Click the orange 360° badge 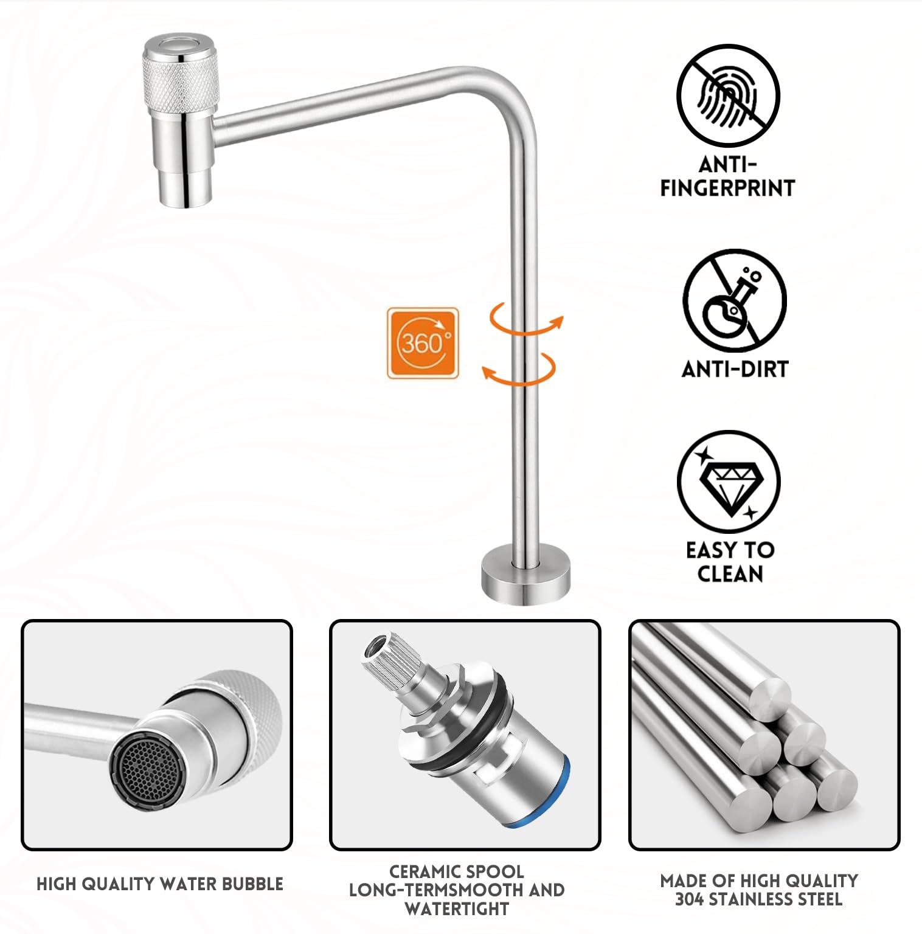click(x=423, y=343)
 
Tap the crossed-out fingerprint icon click(x=728, y=95)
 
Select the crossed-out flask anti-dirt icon click(x=734, y=300)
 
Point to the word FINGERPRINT click(x=727, y=188)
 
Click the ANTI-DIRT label click(x=735, y=369)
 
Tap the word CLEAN click(x=730, y=573)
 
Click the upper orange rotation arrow click(x=527, y=319)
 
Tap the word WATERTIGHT click(x=456, y=908)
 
